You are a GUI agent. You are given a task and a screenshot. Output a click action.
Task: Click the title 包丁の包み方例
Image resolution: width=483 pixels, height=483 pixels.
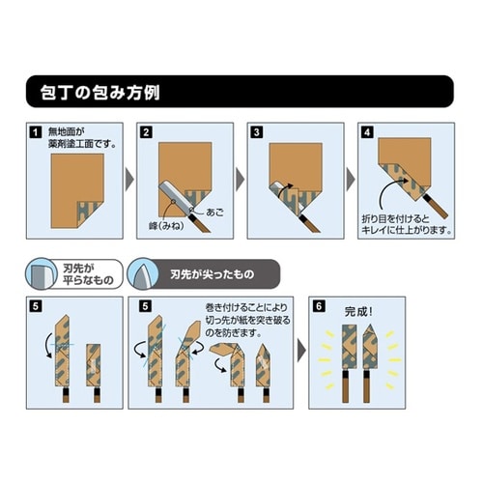(x=96, y=95)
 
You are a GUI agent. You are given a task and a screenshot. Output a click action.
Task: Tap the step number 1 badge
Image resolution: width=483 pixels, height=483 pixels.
(x=35, y=131)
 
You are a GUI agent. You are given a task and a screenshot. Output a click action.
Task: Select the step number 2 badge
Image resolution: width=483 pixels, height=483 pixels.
(x=147, y=131)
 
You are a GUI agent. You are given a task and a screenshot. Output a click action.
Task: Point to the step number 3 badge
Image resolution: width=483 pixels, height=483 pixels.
(x=257, y=131)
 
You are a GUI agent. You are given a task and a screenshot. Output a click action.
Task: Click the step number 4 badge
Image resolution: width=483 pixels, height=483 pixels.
(x=367, y=131)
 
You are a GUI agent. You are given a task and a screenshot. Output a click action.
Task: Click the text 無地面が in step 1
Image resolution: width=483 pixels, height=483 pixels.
(x=67, y=132)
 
